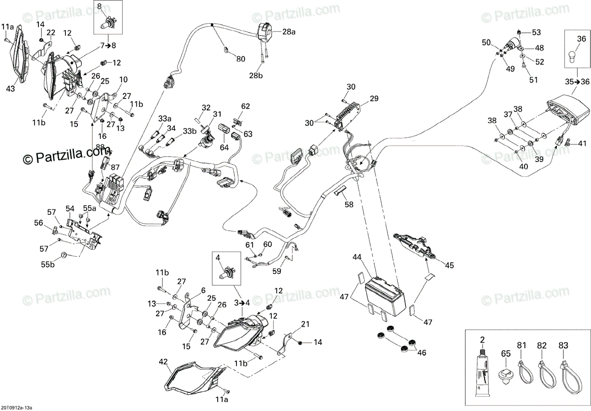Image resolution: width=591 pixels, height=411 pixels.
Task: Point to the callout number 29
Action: tap(374, 99)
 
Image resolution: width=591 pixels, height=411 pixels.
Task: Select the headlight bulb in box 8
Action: tap(106, 23)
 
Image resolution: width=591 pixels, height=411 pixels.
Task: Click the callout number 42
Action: tap(164, 361)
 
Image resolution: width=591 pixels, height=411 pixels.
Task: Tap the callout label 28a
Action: tap(289, 32)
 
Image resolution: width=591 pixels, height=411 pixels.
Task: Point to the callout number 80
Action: tap(240, 60)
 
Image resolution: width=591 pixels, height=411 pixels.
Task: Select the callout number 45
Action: tap(450, 265)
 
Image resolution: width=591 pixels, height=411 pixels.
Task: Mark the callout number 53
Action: tap(536, 33)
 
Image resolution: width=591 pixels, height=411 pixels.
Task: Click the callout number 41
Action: tap(583, 144)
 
